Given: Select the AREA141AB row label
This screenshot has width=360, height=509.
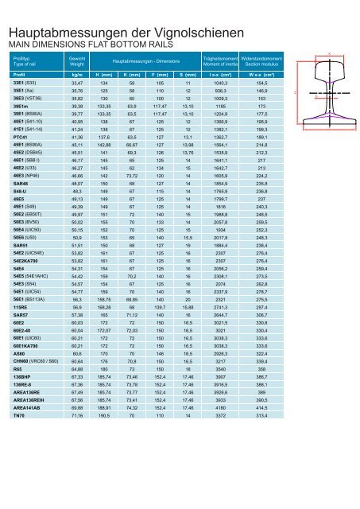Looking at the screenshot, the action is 25,474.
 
